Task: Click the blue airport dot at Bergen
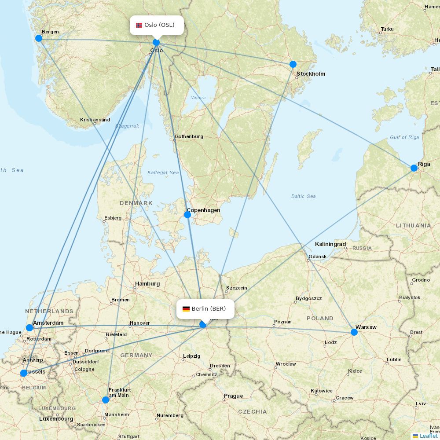point(39,38)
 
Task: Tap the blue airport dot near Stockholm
point(293,64)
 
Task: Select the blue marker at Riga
point(414,168)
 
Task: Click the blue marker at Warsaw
point(354,332)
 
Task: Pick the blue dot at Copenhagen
point(187,215)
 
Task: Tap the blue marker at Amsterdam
point(29,328)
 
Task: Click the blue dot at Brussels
point(23,373)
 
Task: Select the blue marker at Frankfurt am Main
point(106,400)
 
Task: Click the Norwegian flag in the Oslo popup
point(139,25)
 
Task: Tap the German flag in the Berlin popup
point(186,309)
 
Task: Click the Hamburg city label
point(147,284)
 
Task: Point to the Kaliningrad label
point(330,244)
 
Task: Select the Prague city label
point(233,396)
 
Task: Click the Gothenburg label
point(189,136)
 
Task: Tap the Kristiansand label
point(95,120)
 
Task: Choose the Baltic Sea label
point(303,196)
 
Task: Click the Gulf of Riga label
point(404,138)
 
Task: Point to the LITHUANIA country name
point(413,225)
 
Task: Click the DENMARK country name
point(136,203)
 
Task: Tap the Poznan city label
point(282,322)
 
